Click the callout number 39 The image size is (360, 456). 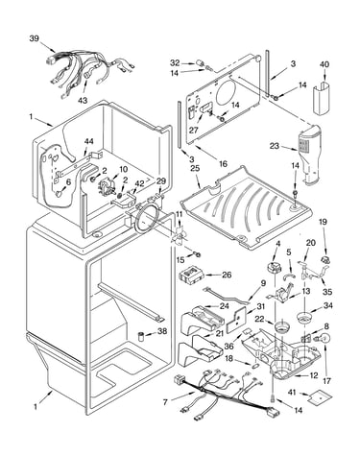pos(35,38)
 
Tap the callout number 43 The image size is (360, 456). pos(83,100)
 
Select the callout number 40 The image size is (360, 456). pos(324,64)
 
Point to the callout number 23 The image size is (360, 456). pos(275,146)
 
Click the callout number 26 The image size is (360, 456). pos(227,275)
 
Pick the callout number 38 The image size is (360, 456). pos(162,331)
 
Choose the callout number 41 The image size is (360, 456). pos(292,392)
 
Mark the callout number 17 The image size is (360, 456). pos(326,381)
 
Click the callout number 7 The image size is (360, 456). pos(165,402)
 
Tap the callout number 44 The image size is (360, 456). pos(88,141)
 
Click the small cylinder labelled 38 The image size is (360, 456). pos(141,337)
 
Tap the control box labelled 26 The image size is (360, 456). pos(191,276)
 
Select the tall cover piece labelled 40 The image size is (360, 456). pos(321,98)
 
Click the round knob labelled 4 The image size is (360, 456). pos(275,267)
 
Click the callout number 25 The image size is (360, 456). pos(195,168)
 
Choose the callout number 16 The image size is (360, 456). pos(223,164)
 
